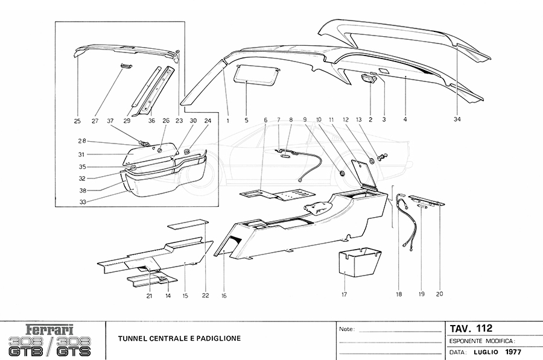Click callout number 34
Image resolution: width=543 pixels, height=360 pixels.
(x=457, y=119)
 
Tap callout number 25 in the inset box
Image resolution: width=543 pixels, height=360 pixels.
(x=77, y=121)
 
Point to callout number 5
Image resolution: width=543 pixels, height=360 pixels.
(x=247, y=120)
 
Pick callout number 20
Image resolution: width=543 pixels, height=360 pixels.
(x=439, y=294)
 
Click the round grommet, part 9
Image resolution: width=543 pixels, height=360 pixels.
(x=342, y=174)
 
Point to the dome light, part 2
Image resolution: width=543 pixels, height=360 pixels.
(x=368, y=80)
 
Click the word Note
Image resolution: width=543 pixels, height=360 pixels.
(x=346, y=330)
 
